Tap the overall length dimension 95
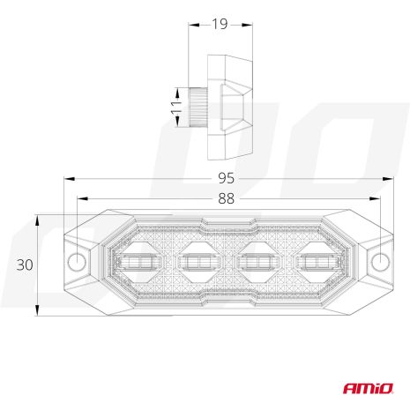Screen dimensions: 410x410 pyautogui.click(x=228, y=179)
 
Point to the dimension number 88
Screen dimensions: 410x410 pyautogui.click(x=228, y=198)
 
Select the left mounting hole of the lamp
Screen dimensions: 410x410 pyautogui.click(x=77, y=263)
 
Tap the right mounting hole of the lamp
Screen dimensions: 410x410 pyautogui.click(x=380, y=263)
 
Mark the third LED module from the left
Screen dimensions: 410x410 pyautogui.click(x=257, y=262)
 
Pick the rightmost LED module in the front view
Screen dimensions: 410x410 pyautogui.click(x=317, y=262)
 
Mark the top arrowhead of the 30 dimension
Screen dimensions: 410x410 pyautogui.click(x=37, y=217)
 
